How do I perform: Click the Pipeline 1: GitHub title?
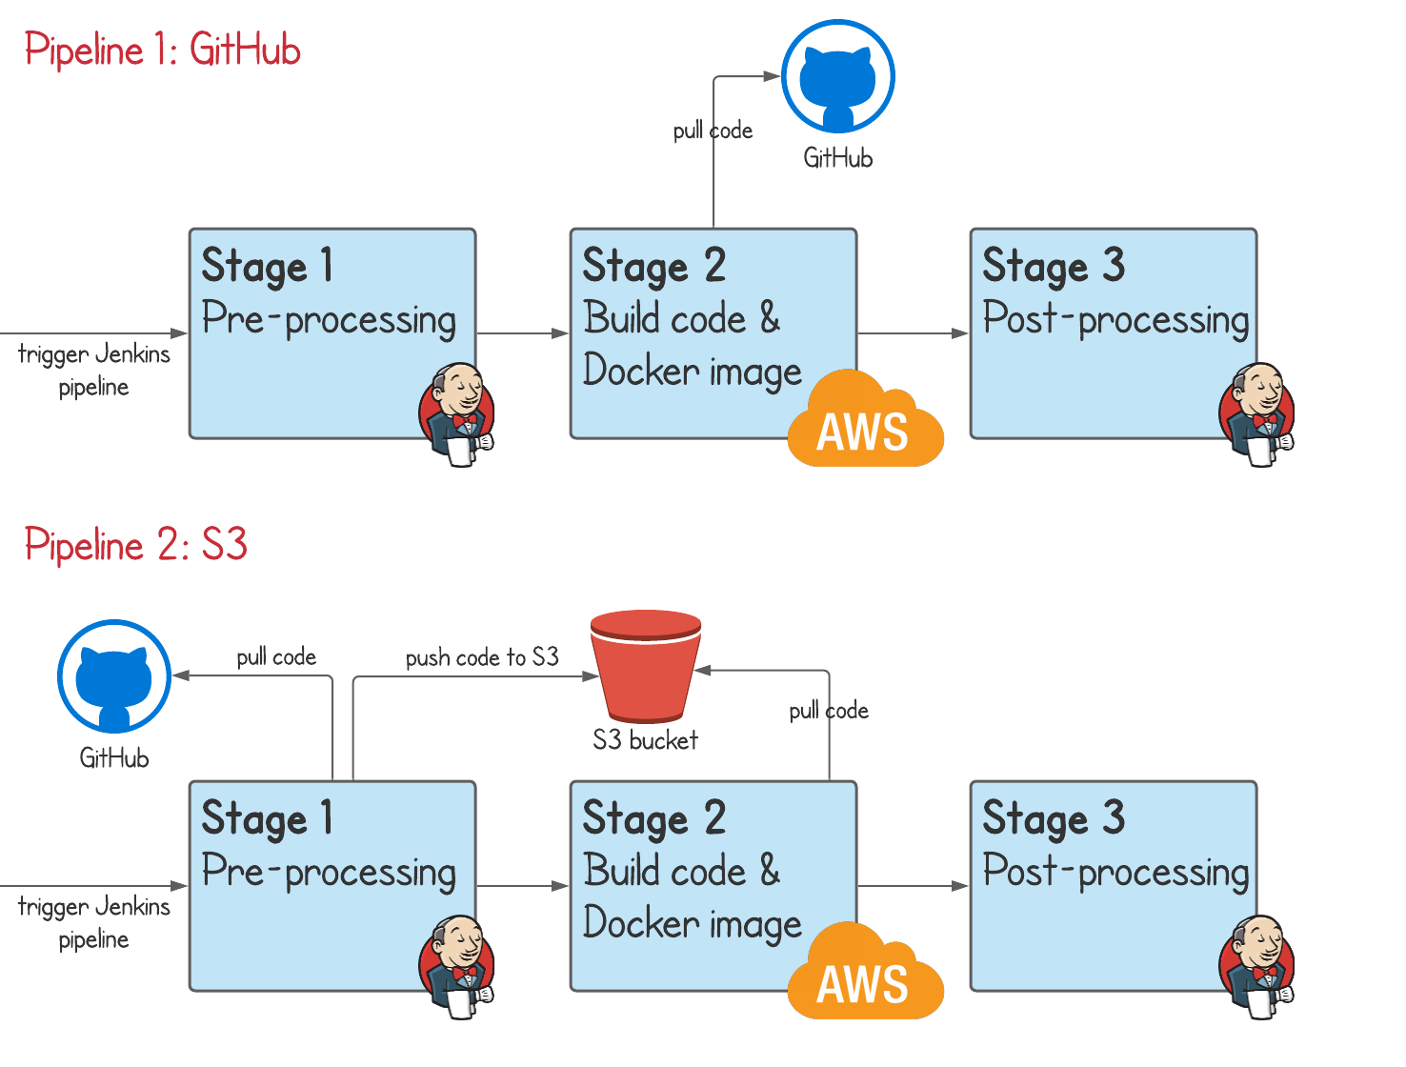[163, 50]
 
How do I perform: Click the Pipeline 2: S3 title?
[136, 545]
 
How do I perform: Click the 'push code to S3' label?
[482, 657]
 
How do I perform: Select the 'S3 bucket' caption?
[645, 740]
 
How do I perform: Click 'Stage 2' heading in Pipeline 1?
[654, 266]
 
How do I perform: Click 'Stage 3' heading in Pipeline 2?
[1054, 818]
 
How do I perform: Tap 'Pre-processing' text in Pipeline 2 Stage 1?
[330, 872]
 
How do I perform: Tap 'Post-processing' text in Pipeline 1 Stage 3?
[1115, 319]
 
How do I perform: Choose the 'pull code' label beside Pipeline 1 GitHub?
[713, 131]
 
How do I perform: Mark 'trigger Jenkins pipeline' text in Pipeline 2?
[93, 922]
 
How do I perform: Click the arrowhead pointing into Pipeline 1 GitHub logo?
[773, 76]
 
